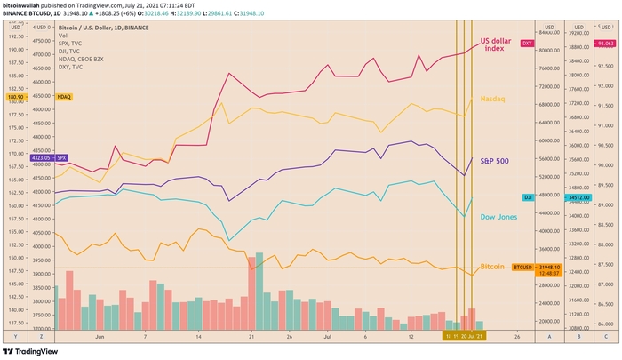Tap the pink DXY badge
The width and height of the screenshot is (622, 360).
[526, 43]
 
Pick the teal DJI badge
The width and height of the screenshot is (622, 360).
[526, 197]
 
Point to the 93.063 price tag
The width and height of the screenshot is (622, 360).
[607, 43]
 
